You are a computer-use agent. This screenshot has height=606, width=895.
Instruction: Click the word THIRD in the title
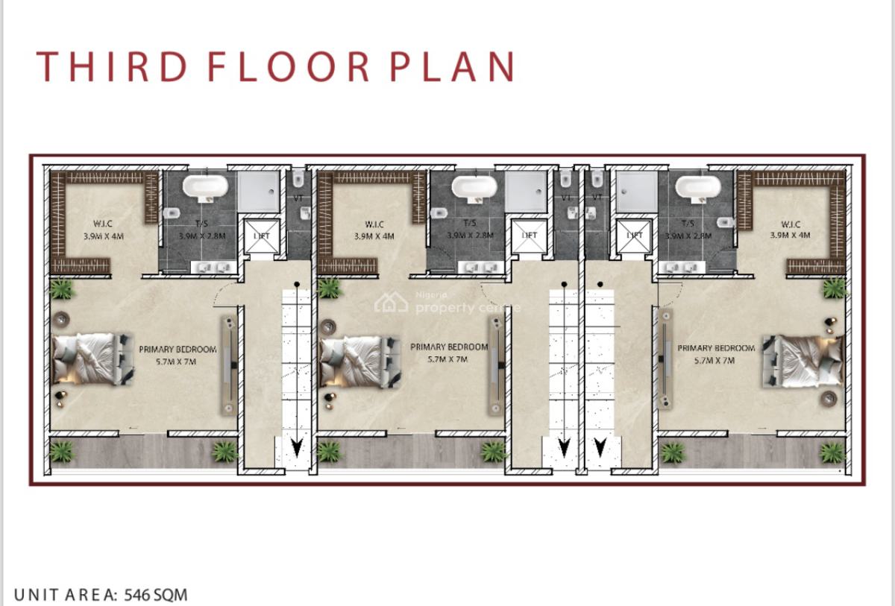pos(112,66)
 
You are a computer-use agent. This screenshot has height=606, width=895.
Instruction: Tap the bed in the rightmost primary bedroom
pos(803,361)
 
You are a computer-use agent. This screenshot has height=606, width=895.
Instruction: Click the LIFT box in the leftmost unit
pos(261,235)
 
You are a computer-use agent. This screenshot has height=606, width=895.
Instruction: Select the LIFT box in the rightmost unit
pos(635,235)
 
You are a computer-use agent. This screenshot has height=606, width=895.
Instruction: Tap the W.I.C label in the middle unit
pos(374,224)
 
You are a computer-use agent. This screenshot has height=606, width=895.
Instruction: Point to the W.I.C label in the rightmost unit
pos(791,224)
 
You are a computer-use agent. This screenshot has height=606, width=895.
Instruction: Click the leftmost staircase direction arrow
pos(296,448)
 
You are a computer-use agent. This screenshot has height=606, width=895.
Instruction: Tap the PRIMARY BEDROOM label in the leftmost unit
pos(178,349)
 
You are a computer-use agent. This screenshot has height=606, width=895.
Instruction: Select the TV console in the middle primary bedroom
pos(495,365)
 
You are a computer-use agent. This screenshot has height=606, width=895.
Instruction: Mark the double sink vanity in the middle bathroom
pos(477,268)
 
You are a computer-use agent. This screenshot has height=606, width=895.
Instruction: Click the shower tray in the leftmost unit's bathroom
pos(257,191)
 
